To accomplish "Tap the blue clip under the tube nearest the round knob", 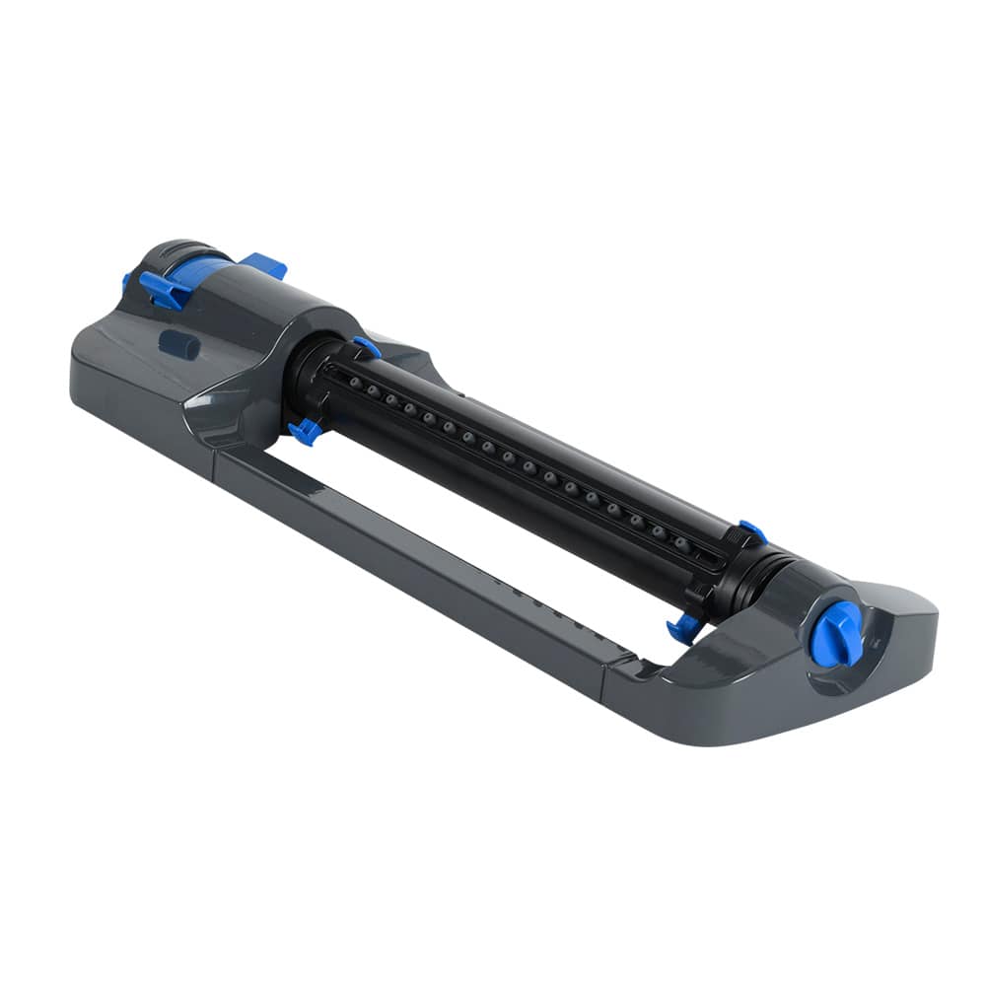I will coord(682,628).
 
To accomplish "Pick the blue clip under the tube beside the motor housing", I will coord(305,431).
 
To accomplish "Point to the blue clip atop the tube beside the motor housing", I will coord(367,346).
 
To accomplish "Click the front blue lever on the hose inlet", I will coord(162,289).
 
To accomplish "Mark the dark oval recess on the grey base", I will coord(177,345).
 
